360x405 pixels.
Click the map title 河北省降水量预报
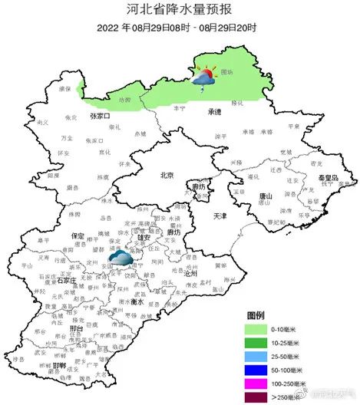179,10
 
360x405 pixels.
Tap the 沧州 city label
190,273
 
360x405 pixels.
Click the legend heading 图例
256,315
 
